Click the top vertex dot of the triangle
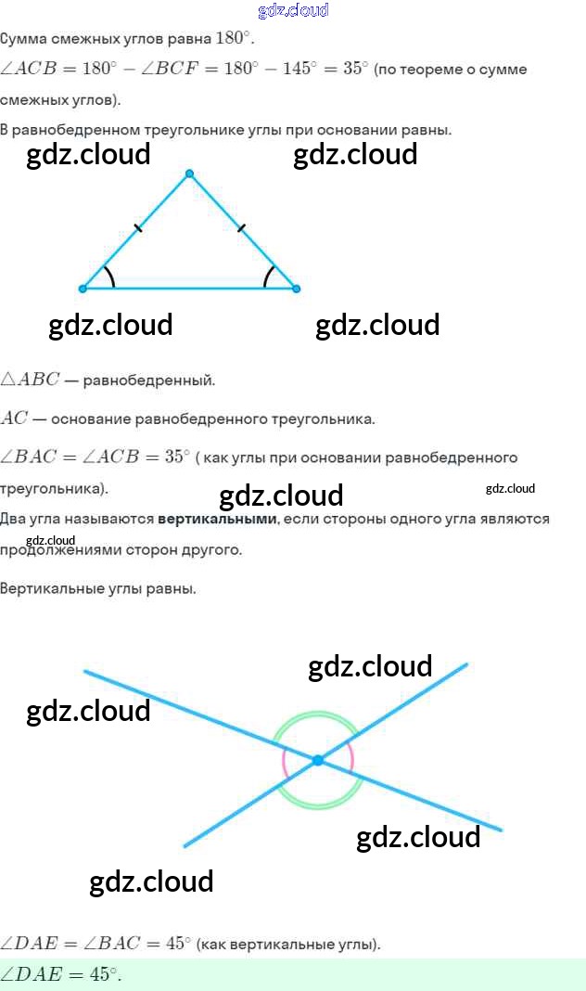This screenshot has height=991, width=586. tap(189, 174)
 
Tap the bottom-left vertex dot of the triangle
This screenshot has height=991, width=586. tap(83, 289)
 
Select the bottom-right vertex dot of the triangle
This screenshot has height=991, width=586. tap(296, 289)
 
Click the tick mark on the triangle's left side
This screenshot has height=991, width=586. tap(138, 227)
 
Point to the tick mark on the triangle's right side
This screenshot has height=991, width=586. tap(241, 227)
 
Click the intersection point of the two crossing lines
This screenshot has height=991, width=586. tap(317, 760)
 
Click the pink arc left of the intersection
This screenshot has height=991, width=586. tap(285, 762)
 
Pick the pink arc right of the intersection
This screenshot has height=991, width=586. tap(352, 757)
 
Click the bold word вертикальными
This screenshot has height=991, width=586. tap(217, 519)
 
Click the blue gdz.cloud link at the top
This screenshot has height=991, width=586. tap(293, 10)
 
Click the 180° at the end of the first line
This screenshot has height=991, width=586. tap(234, 39)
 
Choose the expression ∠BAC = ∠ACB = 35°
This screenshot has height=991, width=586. tap(95, 457)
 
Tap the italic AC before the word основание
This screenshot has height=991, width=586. tap(15, 418)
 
